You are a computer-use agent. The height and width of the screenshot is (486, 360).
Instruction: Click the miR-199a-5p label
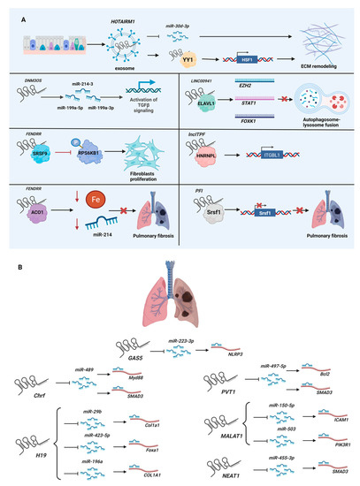click(x=77, y=118)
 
